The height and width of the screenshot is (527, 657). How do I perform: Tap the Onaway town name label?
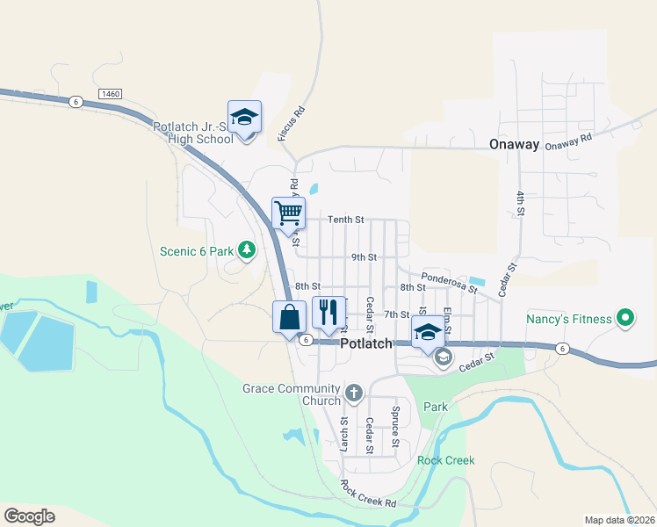point(513,146)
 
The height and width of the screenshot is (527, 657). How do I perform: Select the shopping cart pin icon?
point(288,213)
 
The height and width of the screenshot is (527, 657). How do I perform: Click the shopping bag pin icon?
point(289,317)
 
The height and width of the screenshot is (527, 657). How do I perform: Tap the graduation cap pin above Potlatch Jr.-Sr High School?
point(245,117)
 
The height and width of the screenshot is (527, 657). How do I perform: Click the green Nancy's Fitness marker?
point(625,317)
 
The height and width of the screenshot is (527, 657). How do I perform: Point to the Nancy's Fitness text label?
point(568,318)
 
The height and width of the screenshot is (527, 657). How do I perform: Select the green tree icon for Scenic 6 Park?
point(248,250)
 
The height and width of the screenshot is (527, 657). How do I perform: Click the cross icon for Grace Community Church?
point(353,393)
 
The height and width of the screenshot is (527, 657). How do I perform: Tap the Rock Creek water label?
point(445,460)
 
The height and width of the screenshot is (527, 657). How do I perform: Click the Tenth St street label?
point(345,220)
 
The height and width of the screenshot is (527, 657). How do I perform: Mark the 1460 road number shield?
point(110,93)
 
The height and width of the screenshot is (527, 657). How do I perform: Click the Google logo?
point(29,516)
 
